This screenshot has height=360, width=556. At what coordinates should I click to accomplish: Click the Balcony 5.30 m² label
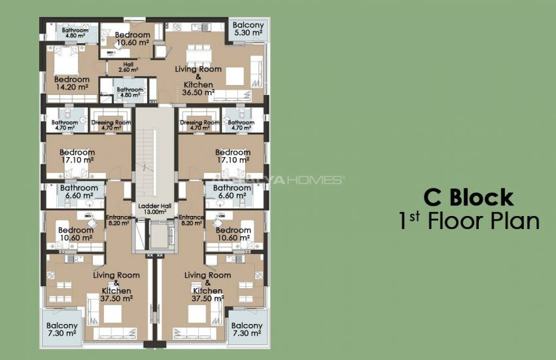coord(248,27)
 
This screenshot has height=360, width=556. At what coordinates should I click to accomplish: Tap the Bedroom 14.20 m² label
coord(71,83)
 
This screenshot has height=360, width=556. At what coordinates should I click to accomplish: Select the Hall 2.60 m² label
coord(128,67)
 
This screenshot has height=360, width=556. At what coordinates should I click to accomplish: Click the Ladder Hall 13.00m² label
coord(155,209)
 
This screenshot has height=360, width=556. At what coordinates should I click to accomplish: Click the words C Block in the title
coord(468,197)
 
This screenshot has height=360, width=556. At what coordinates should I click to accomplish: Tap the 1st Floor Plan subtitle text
coord(468,221)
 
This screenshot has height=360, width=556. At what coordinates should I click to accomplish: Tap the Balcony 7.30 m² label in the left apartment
coord(62,329)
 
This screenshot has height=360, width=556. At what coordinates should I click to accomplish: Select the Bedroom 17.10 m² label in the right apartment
coord(233,156)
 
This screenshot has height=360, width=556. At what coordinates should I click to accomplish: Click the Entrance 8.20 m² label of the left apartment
coord(118,220)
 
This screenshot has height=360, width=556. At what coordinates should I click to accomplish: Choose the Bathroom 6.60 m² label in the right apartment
coord(228,191)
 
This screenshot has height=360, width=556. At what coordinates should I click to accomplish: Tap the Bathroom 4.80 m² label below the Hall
coord(130,92)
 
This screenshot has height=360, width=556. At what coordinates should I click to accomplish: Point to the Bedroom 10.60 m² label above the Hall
coord(132,39)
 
